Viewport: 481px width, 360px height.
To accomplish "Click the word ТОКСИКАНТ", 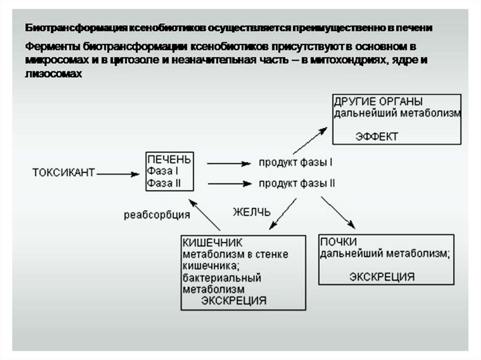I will (x=63, y=172).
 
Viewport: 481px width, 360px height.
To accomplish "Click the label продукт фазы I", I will (x=296, y=163).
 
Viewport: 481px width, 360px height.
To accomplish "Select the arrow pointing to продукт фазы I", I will (x=228, y=163).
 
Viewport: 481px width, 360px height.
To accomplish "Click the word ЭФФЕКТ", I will (x=376, y=137).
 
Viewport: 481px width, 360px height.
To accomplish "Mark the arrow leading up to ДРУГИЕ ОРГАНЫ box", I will (x=310, y=140).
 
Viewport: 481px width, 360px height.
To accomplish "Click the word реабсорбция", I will (x=157, y=215).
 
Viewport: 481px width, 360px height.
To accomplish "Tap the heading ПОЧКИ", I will (x=338, y=241).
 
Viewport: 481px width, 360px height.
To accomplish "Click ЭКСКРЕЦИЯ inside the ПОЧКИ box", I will (x=381, y=276).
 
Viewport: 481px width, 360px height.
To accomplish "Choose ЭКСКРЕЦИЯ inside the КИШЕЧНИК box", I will (x=233, y=300).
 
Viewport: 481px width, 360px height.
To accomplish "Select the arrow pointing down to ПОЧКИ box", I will (x=338, y=213).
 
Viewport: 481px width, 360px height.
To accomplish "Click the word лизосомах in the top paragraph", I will (x=54, y=74).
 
